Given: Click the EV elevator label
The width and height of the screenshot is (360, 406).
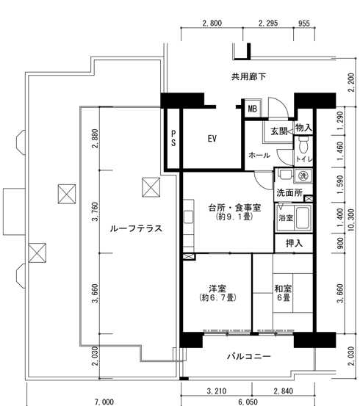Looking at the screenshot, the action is pos(212,139).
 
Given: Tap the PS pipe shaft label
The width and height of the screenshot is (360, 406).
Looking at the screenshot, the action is pos(173,138).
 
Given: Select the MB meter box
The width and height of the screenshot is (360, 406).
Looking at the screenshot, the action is pos(252,109).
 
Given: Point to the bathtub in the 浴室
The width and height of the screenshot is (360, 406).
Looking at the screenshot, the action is pos(303,218).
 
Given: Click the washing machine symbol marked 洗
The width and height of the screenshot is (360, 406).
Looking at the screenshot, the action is pos(303,176).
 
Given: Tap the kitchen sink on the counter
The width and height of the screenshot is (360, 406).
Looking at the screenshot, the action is pos(188,217).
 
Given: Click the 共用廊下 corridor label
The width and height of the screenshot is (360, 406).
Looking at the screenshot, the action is pos(248,76).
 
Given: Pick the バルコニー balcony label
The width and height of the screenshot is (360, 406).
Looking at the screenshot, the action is pos(249,357).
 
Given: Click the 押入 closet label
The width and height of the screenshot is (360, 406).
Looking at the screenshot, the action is pos(294,243).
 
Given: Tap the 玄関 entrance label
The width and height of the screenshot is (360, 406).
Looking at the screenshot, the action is pos(279,131).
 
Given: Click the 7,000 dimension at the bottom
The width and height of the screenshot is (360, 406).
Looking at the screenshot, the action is pos(104,402).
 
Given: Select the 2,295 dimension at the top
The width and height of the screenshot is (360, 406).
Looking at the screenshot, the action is pos(268,23).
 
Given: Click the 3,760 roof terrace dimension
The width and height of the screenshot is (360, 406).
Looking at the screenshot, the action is pos(95,211).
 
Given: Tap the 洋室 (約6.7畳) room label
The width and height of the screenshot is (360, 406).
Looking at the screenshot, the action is pos(218,293).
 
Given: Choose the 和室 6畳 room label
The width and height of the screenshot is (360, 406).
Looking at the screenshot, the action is pos(284,293).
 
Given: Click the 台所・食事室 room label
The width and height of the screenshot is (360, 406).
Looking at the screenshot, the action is pos(234,211).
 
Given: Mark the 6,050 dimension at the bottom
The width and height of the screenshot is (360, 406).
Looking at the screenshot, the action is pos(248,402).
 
